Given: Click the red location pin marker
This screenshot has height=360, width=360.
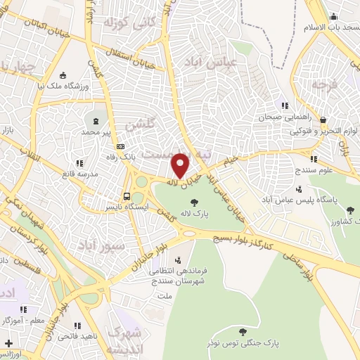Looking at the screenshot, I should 181,166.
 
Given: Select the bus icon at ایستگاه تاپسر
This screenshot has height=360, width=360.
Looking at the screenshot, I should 127,196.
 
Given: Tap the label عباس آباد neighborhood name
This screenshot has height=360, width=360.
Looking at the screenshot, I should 210,62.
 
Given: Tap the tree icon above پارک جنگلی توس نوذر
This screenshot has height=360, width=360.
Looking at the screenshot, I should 242,332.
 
